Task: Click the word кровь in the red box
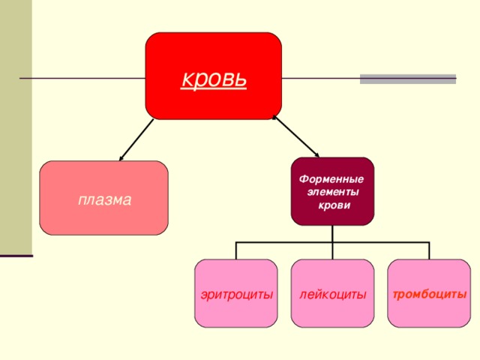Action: coord(213,78)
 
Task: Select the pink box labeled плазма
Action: coord(103,199)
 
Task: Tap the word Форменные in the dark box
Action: coord(331,180)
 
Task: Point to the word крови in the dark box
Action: coord(334,205)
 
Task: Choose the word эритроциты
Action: coord(236,295)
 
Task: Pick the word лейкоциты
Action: coord(332,295)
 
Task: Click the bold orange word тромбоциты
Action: coord(429,294)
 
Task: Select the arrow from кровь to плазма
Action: coord(136,139)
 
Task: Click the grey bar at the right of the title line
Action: coord(407,78)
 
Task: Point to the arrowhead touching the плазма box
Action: coord(121,158)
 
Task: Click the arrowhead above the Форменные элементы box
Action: coord(318,154)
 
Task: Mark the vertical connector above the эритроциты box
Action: coord(235,250)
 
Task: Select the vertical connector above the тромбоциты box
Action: coord(429,250)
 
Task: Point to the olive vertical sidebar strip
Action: coord(16,127)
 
